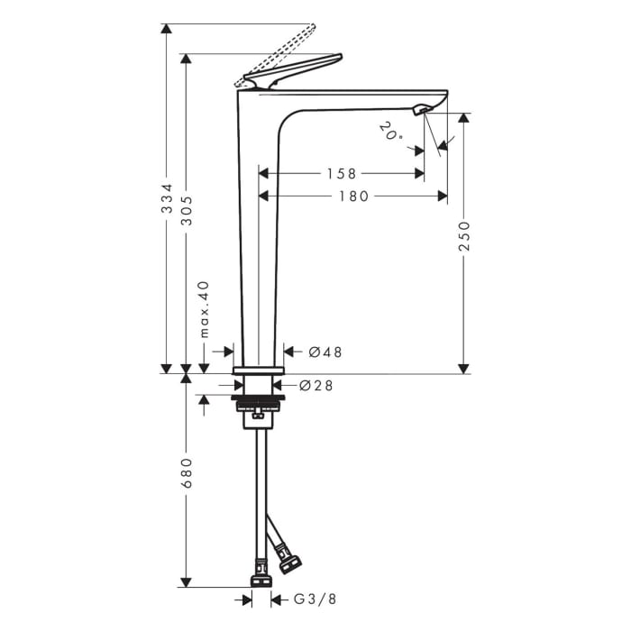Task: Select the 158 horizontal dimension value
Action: [x=341, y=173]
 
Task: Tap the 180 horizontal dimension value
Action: [x=352, y=196]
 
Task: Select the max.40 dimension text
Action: [x=204, y=308]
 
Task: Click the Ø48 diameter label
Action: [x=325, y=352]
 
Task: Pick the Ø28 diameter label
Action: [x=316, y=386]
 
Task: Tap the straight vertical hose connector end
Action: [x=261, y=572]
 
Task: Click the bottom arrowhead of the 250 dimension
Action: [x=464, y=368]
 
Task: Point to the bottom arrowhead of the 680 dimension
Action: [x=187, y=581]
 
